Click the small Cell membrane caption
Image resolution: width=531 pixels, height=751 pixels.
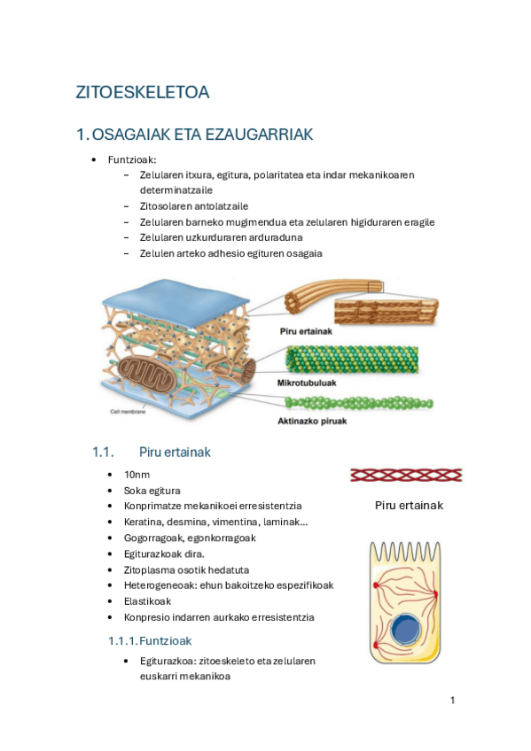127,412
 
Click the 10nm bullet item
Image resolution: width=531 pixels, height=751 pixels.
137,475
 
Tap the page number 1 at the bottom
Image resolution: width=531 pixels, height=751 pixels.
452,701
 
